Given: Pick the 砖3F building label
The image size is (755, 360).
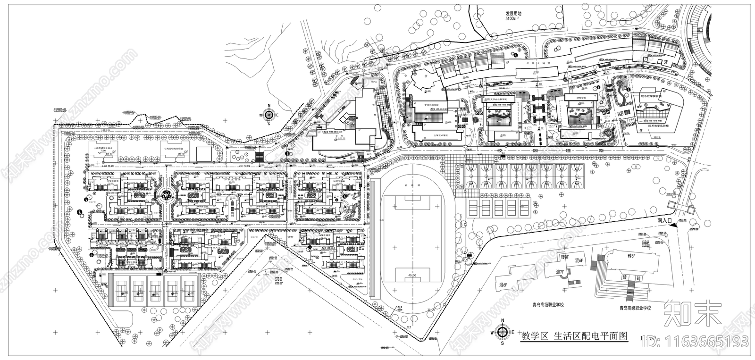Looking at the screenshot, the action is [632, 256].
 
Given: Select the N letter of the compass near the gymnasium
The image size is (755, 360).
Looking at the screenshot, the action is [269, 106].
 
